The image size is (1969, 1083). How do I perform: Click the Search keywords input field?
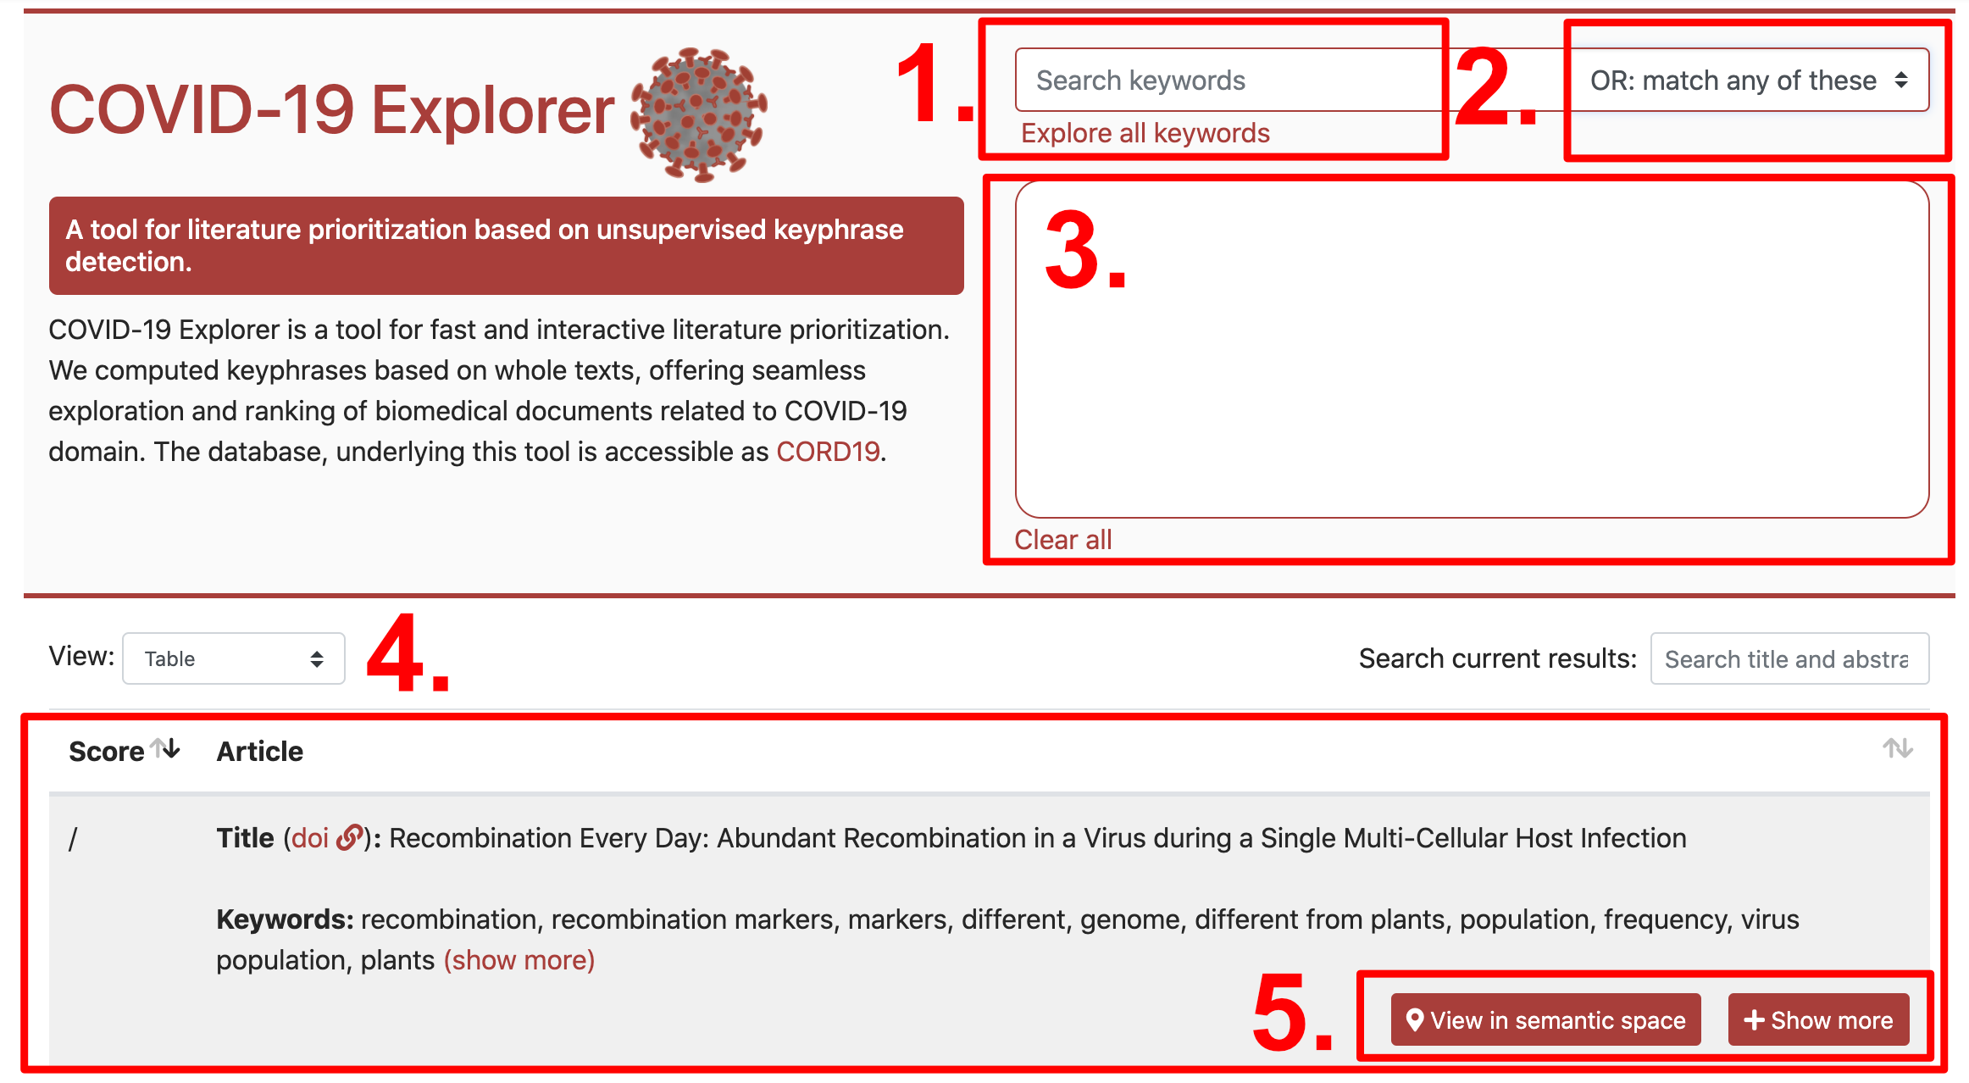(x=1229, y=80)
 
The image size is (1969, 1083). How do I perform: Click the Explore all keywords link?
(x=1145, y=133)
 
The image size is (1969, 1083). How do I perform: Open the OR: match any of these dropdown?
(x=1749, y=80)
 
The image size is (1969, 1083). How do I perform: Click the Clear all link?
(x=1063, y=540)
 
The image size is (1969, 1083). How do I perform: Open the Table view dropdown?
(x=234, y=658)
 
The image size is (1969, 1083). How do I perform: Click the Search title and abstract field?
(x=1789, y=658)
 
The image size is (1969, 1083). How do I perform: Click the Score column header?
(x=107, y=752)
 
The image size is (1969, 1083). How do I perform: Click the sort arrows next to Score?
(x=165, y=748)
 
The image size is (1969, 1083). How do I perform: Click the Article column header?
(x=260, y=752)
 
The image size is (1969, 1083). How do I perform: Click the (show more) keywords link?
(x=519, y=960)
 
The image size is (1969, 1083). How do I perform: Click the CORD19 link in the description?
(x=828, y=452)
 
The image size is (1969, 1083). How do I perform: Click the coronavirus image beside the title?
(x=699, y=114)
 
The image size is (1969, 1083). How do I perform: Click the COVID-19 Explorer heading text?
(x=332, y=110)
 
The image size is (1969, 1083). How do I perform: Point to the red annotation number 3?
(x=1085, y=252)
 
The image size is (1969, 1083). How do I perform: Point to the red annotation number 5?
(x=1291, y=1014)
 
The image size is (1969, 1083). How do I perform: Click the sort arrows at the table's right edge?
(x=1898, y=748)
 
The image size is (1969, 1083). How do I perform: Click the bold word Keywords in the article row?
(x=285, y=919)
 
